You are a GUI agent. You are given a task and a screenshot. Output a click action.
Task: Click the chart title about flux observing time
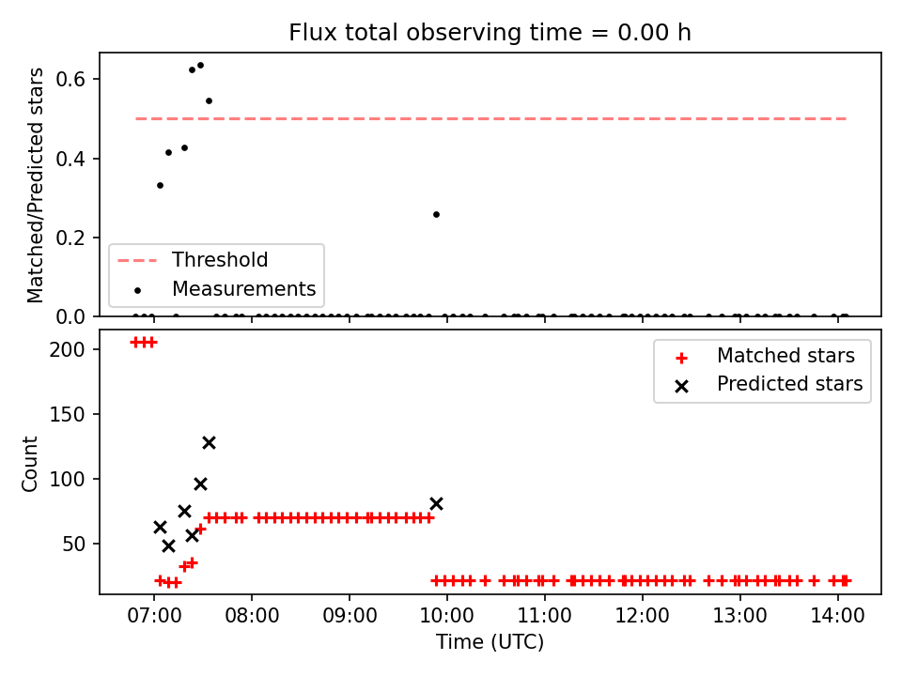(490, 33)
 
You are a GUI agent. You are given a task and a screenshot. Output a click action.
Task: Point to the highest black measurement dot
(200, 66)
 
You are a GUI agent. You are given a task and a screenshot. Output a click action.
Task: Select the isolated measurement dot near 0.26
(436, 214)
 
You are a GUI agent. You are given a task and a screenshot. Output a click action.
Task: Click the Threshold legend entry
(193, 260)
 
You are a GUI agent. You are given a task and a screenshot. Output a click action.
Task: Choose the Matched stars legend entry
(765, 357)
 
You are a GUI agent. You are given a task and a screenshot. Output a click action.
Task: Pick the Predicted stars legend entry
(769, 384)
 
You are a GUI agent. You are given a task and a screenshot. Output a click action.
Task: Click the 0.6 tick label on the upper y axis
(70, 79)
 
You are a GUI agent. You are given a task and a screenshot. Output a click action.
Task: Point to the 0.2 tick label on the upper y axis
(70, 238)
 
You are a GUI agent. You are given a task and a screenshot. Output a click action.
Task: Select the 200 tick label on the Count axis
(68, 349)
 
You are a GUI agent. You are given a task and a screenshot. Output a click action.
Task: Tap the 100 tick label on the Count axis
(68, 479)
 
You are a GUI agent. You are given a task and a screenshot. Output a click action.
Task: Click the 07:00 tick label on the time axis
(154, 616)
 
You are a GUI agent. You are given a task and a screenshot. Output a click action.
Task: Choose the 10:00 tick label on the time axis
(447, 616)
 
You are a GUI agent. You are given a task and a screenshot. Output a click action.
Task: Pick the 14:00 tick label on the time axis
(837, 616)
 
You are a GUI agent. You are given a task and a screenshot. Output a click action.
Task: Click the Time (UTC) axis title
(490, 641)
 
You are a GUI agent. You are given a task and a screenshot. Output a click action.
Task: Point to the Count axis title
(30, 464)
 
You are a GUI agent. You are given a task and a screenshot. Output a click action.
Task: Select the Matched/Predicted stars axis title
(35, 185)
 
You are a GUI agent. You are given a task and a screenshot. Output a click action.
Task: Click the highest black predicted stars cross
(209, 442)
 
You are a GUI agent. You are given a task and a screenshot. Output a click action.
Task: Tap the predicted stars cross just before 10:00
(436, 504)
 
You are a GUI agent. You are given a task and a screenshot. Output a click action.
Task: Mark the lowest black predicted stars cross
(168, 546)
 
